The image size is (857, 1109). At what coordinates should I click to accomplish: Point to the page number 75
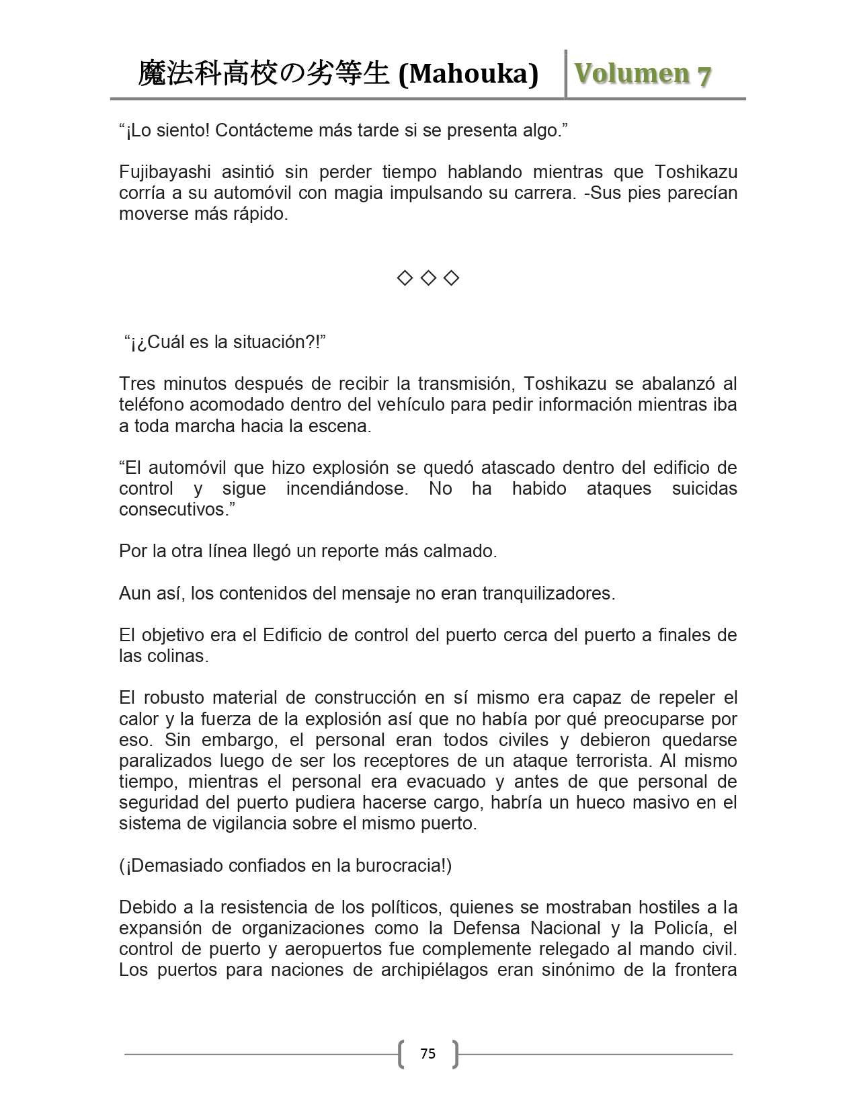(x=427, y=1054)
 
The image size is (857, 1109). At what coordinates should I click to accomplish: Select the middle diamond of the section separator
(x=428, y=278)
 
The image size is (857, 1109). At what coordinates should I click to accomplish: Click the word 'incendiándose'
(x=347, y=489)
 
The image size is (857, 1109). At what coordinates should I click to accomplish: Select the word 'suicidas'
(x=704, y=489)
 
